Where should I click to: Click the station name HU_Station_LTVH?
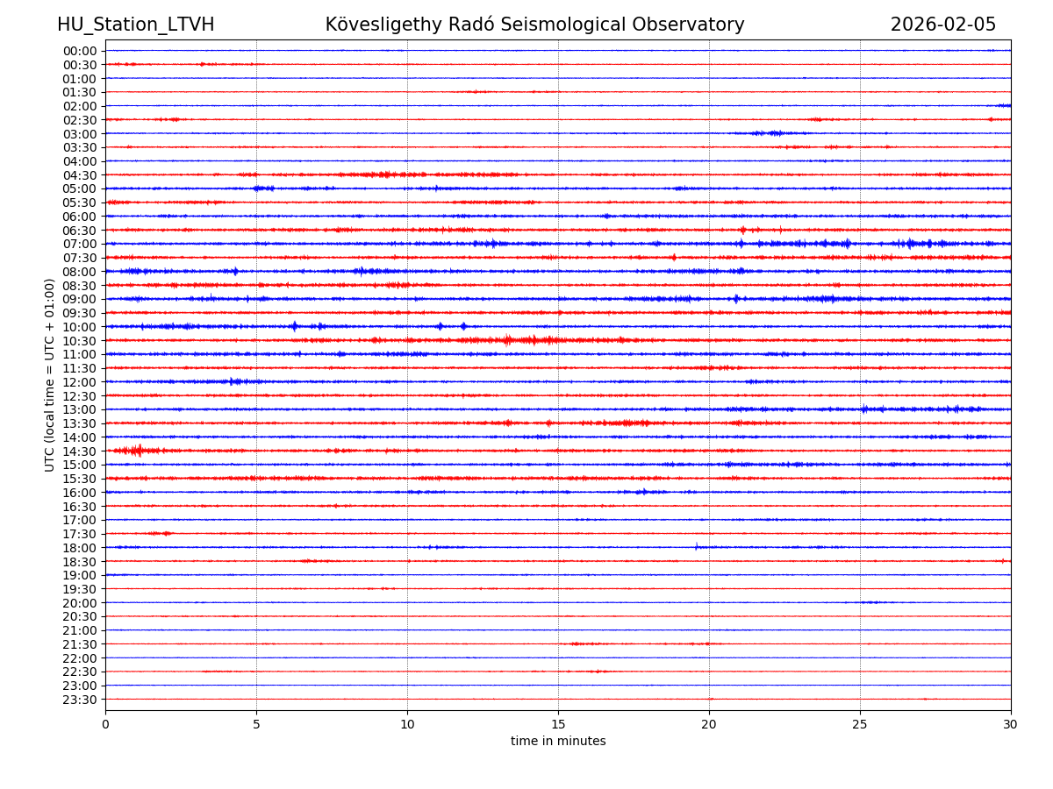click(x=135, y=25)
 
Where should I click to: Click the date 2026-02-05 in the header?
click(x=943, y=25)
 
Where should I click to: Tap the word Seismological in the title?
click(x=579, y=25)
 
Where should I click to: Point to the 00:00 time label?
click(x=79, y=51)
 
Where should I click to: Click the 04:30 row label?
click(x=79, y=175)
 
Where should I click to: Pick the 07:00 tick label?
click(x=79, y=244)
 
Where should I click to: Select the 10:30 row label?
click(x=79, y=341)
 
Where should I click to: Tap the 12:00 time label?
click(x=79, y=382)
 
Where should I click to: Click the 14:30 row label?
click(x=79, y=451)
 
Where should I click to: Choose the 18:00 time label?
click(x=79, y=548)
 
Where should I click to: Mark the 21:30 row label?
click(x=79, y=644)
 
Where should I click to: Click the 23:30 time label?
click(x=79, y=700)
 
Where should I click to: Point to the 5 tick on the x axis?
click(x=256, y=725)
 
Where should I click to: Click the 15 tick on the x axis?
click(x=558, y=725)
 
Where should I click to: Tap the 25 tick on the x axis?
click(x=860, y=725)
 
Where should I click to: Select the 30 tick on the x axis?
click(x=1011, y=725)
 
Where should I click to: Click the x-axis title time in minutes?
click(x=558, y=742)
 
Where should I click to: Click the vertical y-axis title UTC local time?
click(x=50, y=374)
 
